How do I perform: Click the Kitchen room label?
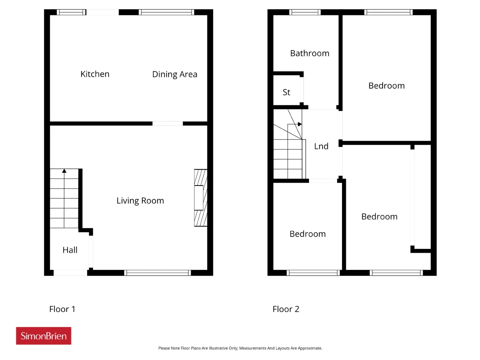pos(95,74)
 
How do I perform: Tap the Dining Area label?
pos(174,74)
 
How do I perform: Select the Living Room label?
pos(140,201)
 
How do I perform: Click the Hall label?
pos(70,250)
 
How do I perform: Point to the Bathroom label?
pos(310,53)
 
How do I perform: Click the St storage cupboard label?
pos(286,92)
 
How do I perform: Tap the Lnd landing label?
pos(321,146)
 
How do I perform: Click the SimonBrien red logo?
pos(43,336)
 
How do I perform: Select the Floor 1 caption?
pos(62,309)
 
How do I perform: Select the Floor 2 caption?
pos(286,309)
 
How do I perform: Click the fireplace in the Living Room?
pos(201,198)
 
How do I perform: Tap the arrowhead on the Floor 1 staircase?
pos(64,171)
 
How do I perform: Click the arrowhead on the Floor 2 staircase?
pos(300,124)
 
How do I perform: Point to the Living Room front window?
pos(157,273)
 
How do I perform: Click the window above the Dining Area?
pos(166,12)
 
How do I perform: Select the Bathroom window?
pos(305,12)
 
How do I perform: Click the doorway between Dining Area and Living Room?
pos(168,123)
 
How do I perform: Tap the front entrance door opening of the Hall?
pos(70,273)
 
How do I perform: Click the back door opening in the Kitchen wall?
pos(102,12)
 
